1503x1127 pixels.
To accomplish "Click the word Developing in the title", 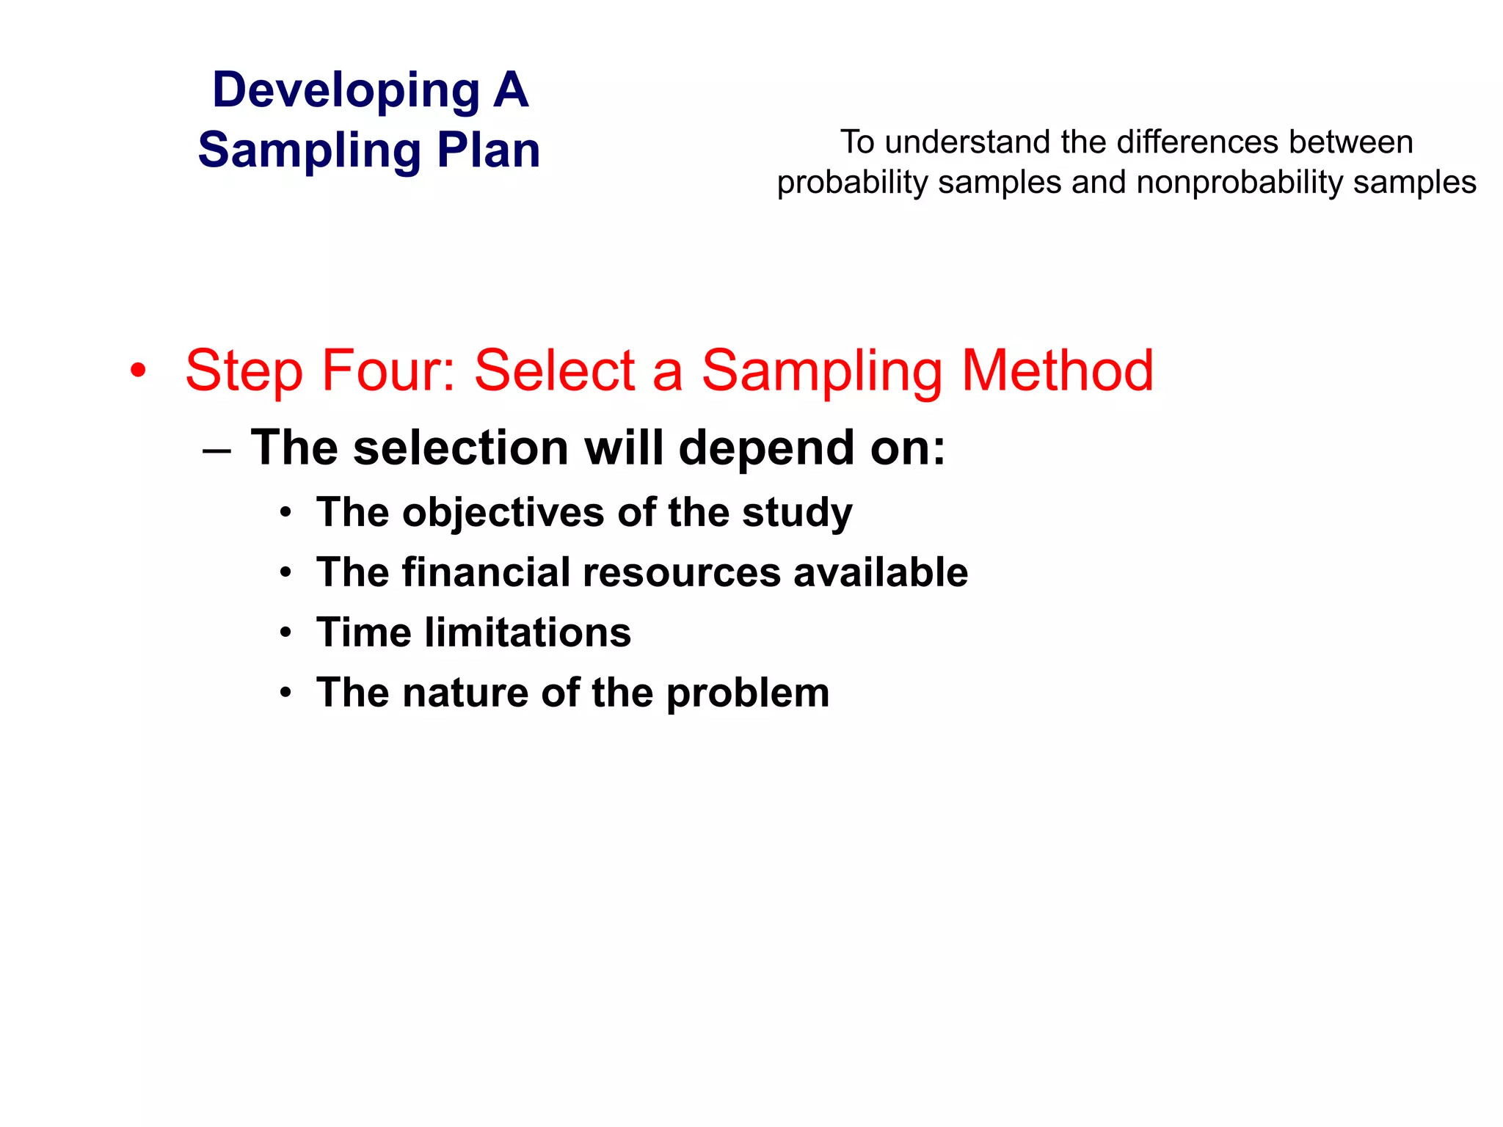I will point(346,91).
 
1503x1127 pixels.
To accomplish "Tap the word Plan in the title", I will point(489,150).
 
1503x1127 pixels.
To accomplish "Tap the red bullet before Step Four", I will point(137,371).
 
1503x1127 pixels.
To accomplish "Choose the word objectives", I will point(503,512).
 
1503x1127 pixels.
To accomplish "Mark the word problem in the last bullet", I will point(748,693).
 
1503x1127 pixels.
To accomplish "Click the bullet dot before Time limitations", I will point(285,633).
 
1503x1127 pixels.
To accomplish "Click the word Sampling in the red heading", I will point(822,371).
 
